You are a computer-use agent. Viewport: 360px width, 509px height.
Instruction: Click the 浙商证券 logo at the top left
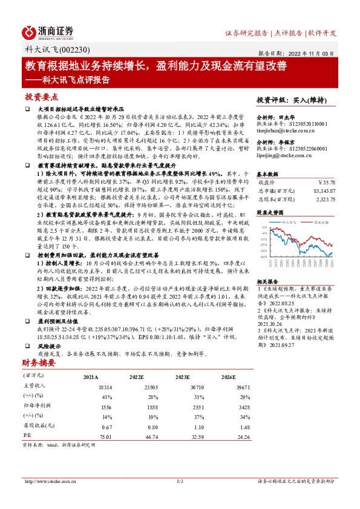point(48,31)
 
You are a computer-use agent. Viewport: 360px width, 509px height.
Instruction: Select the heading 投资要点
point(42,97)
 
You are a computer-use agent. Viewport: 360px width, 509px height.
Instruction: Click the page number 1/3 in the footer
point(180,481)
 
